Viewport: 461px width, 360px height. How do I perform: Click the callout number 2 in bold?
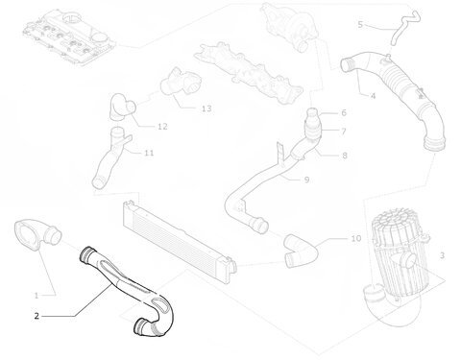click(x=36, y=316)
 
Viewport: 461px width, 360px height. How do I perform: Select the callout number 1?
click(x=36, y=296)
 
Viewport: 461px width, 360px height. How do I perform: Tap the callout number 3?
click(x=442, y=255)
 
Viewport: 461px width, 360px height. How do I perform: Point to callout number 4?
click(x=373, y=96)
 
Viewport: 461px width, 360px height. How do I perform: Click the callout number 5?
click(x=360, y=24)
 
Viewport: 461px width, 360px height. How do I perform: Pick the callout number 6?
click(x=344, y=112)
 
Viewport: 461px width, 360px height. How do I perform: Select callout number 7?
click(x=344, y=132)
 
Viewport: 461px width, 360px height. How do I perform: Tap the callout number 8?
click(x=345, y=156)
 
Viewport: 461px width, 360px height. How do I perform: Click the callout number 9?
click(x=306, y=180)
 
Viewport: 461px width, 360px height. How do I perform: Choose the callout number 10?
click(x=356, y=238)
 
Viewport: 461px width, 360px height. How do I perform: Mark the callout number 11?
click(x=149, y=153)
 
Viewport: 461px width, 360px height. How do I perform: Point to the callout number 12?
click(x=162, y=127)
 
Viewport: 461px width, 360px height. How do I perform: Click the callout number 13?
click(x=206, y=108)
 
